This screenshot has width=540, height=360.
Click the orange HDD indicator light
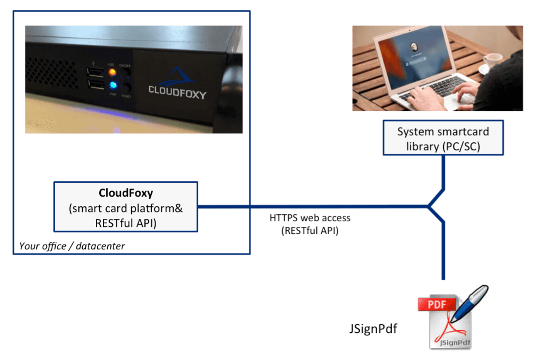pos(112,71)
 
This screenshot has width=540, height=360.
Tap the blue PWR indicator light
pos(112,85)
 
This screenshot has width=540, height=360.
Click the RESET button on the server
pos(126,87)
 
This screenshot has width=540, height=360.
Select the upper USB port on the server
pos(94,72)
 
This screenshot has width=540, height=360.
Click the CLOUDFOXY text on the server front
pos(177,91)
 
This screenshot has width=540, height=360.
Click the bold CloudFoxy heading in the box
pos(126,193)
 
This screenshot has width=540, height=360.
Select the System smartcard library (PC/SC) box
pos(443,138)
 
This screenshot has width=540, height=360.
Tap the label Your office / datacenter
pos(72,246)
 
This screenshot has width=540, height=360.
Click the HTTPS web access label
pos(310,218)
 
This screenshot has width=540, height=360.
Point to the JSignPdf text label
pos(373,328)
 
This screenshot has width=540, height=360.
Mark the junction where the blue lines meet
pos(430,206)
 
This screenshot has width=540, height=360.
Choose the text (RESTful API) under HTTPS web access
pos(310,231)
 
